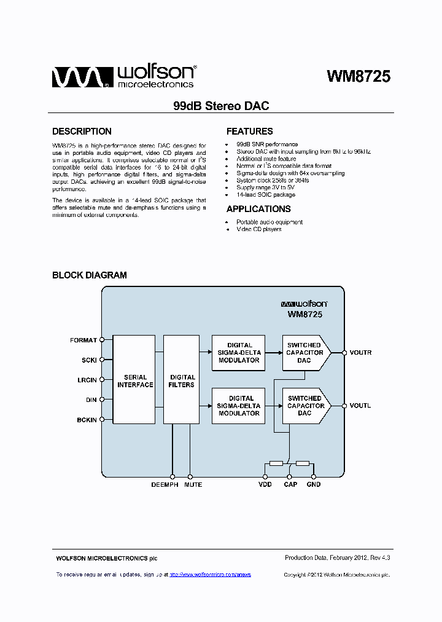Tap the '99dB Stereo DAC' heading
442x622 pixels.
tap(221, 106)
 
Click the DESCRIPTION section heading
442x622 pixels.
tap(82, 132)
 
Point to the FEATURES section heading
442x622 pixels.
tap(249, 132)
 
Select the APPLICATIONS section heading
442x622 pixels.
tap(258, 209)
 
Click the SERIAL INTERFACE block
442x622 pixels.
tap(134, 380)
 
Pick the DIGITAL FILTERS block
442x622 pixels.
tap(182, 380)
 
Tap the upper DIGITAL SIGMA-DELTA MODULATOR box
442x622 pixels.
tap(239, 353)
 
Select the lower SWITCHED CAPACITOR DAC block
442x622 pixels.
tap(305, 406)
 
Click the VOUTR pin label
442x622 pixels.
tap(360, 353)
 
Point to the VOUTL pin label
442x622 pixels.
tap(360, 406)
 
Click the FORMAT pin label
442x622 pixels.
tap(83, 340)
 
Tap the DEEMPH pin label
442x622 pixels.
tap(165, 485)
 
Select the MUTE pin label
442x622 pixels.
tap(193, 485)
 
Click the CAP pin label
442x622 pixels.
tap(290, 485)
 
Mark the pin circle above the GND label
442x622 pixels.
tap(313, 476)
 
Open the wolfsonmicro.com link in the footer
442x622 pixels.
tap(210, 575)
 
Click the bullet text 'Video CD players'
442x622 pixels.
tap(258, 229)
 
